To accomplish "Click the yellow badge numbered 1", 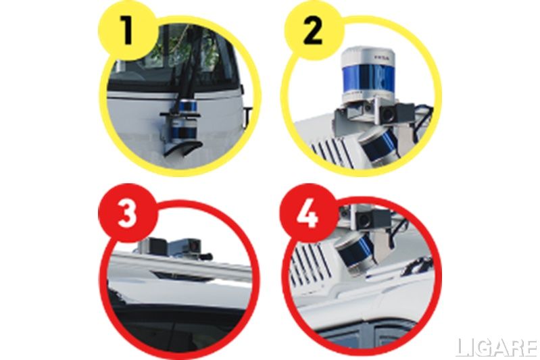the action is pyautogui.click(x=128, y=31).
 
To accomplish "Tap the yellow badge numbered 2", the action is pyautogui.click(x=314, y=31).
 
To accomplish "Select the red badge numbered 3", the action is pyautogui.click(x=128, y=213).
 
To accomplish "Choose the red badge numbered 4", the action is pyautogui.click(x=308, y=213).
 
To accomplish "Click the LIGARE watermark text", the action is pyautogui.click(x=497, y=348).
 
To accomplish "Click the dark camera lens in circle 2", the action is pyautogui.click(x=388, y=115).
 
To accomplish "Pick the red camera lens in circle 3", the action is pyautogui.click(x=195, y=246).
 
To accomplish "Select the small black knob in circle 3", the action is pyautogui.click(x=207, y=257).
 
